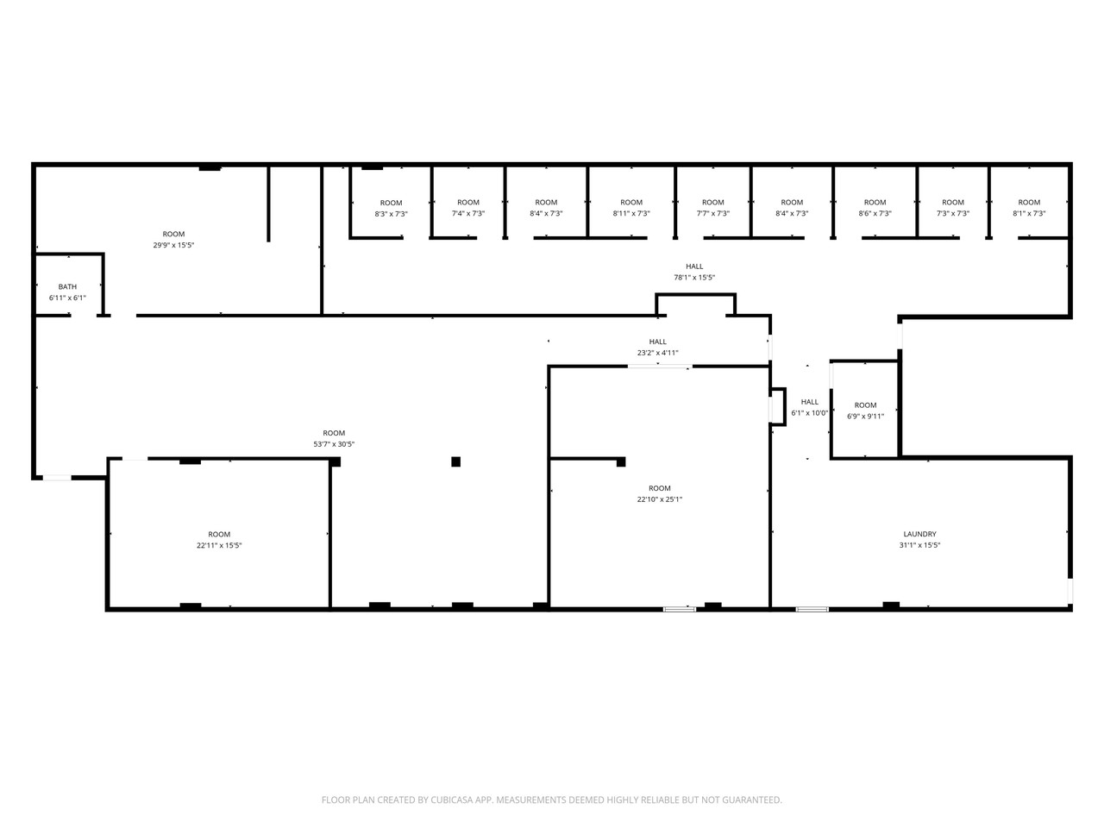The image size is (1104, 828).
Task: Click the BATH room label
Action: (67, 286)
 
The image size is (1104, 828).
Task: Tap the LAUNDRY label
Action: (919, 534)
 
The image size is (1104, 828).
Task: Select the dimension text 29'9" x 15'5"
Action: (173, 245)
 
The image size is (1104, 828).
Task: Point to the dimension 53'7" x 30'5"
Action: (334, 444)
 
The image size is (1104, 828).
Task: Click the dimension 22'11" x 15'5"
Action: (219, 545)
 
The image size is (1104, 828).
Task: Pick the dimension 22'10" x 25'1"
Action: (660, 499)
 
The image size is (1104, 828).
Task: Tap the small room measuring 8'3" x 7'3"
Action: (391, 208)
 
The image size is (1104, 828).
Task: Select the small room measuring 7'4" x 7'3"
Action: (468, 208)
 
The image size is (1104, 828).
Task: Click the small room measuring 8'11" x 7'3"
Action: (631, 208)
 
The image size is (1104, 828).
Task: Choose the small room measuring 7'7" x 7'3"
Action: (713, 208)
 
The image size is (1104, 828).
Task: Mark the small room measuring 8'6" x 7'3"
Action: (875, 208)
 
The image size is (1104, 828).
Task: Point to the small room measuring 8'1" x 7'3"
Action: (1029, 208)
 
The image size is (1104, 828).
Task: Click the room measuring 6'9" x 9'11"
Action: (865, 411)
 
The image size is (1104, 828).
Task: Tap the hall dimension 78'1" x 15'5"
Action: (694, 278)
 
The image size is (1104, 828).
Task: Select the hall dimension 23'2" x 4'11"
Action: (658, 353)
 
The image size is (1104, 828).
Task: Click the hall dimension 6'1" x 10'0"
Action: (810, 413)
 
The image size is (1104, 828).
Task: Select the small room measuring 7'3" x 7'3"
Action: (953, 208)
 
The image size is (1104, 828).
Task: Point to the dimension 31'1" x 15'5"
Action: (919, 545)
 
